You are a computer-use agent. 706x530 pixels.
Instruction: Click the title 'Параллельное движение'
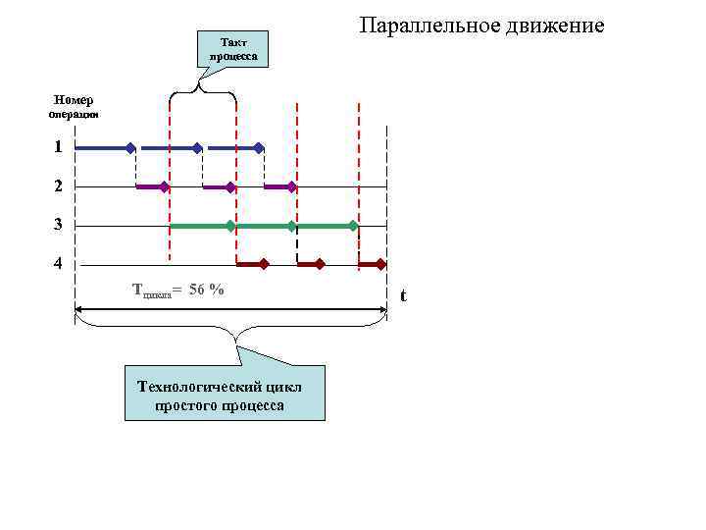[481, 25]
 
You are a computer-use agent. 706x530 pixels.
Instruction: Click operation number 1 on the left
[59, 146]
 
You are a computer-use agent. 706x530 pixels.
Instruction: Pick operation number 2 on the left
[59, 185]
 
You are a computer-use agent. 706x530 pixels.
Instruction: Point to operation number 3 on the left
[59, 225]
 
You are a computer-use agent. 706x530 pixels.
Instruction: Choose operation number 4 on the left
[59, 263]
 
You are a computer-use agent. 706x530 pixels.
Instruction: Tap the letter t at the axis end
[403, 296]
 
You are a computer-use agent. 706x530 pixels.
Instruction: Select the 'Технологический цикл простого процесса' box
[225, 395]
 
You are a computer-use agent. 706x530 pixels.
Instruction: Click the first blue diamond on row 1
[130, 148]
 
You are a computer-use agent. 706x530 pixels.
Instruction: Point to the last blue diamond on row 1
[259, 148]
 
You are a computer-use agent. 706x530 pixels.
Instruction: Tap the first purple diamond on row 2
[165, 186]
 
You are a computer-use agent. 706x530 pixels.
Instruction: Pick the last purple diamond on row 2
[292, 186]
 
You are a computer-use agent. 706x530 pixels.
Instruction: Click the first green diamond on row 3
[230, 226]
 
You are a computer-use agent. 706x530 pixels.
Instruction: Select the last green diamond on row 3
[354, 226]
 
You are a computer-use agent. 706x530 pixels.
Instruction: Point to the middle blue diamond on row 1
[197, 148]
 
